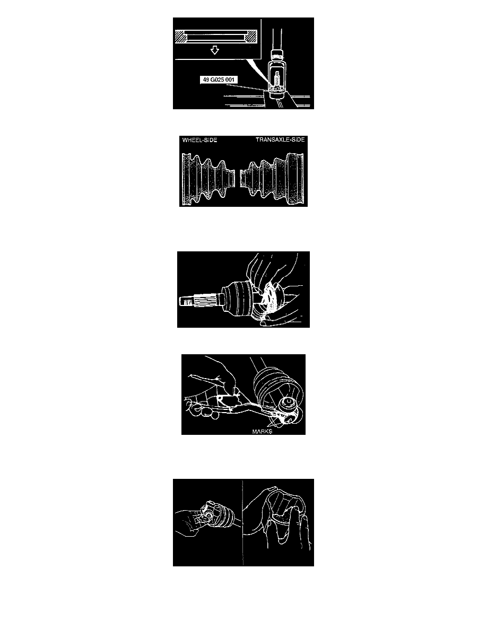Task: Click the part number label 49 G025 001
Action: pos(219,80)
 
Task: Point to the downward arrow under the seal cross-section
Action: pos(215,50)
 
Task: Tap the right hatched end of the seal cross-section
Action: pos(250,37)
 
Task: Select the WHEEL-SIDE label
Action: pos(199,140)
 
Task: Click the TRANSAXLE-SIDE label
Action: pos(280,140)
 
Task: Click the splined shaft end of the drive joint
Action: pos(199,300)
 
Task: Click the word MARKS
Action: pos(262,432)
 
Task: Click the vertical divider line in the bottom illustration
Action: pos(242,522)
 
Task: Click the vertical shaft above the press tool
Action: pos(277,39)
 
